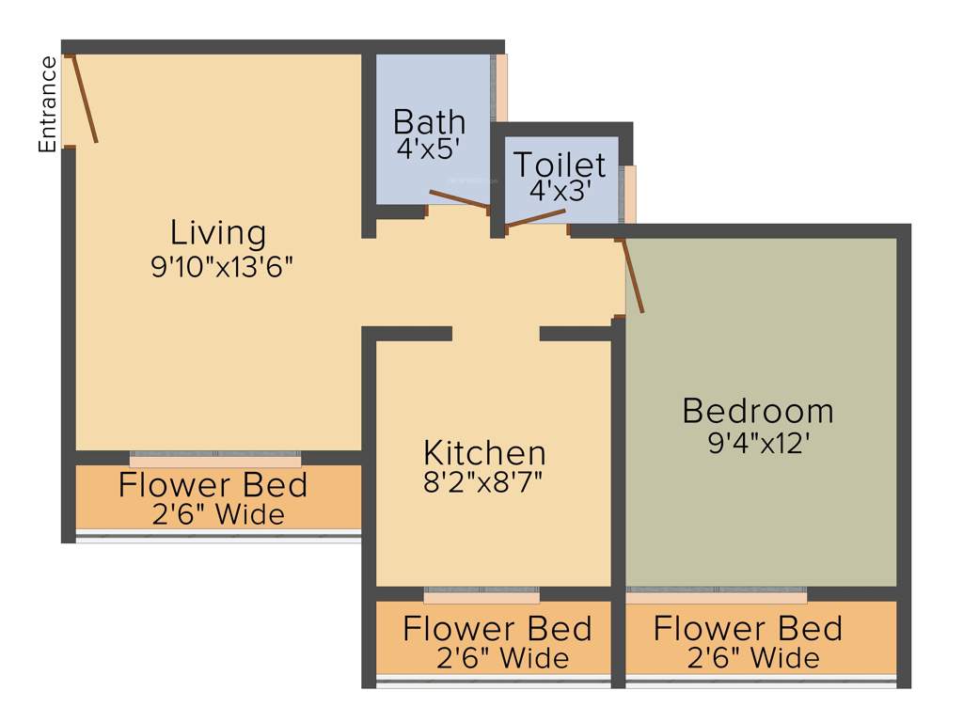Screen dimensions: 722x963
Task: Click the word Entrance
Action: [48, 104]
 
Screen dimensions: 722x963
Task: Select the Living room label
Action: [218, 232]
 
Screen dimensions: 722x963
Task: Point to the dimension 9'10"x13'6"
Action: [223, 267]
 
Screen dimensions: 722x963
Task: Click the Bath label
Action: [429, 121]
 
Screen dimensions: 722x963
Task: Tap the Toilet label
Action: [559, 165]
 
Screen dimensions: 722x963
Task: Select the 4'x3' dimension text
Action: [559, 191]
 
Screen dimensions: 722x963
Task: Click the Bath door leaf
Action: [458, 198]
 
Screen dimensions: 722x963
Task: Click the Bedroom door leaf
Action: [633, 276]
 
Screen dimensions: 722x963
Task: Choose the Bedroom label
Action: [758, 411]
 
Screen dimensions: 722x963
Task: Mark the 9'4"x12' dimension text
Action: [758, 442]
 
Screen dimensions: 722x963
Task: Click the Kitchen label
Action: [483, 452]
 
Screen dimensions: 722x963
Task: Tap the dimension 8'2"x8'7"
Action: [483, 482]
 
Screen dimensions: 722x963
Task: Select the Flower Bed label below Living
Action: [213, 485]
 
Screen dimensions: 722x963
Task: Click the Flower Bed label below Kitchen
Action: [497, 628]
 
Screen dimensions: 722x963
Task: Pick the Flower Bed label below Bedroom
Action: [749, 628]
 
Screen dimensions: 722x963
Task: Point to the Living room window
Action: [215, 459]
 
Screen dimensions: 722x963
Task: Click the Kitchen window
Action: [481, 595]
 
